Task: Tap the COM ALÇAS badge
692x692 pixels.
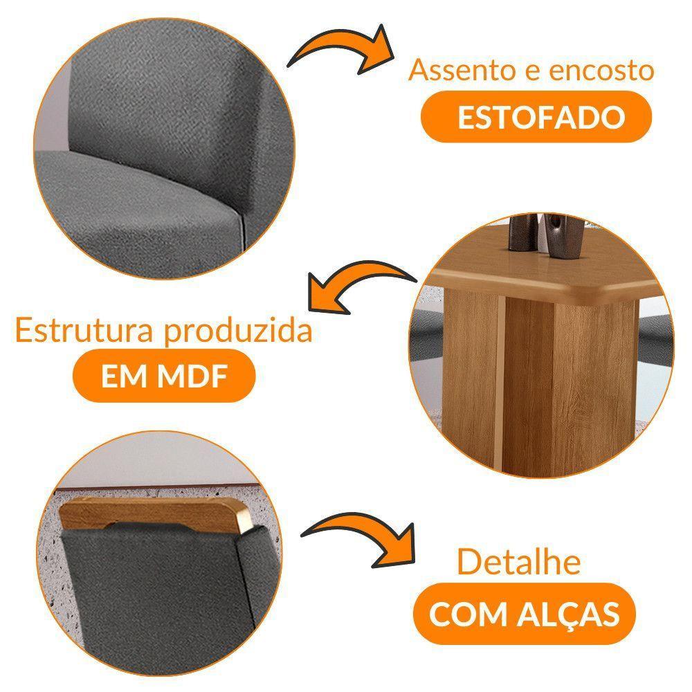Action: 524,614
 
